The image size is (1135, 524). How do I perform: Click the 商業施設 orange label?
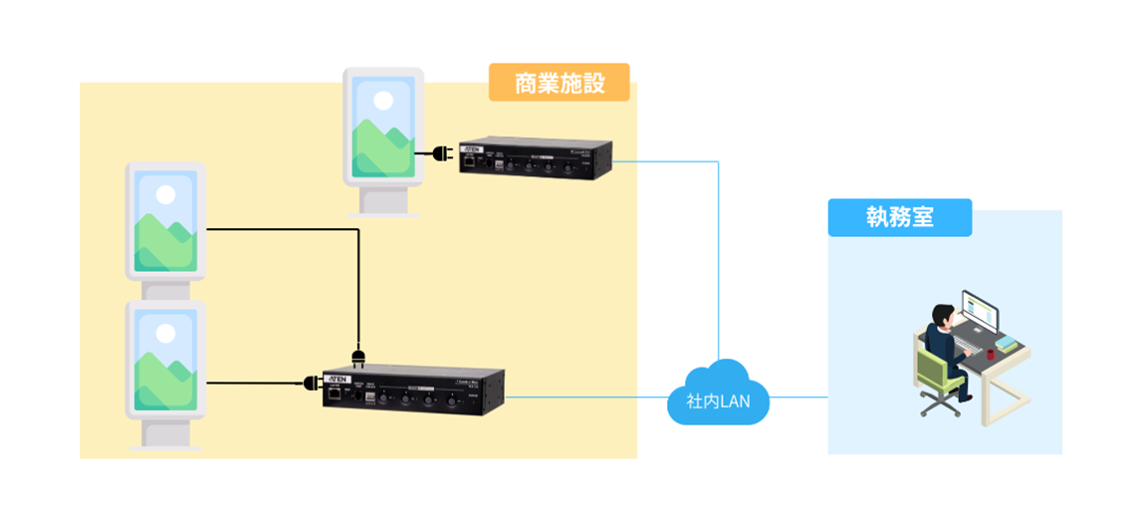pos(559,83)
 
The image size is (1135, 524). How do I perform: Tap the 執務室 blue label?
pos(899,217)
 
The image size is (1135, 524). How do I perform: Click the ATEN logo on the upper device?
pos(471,149)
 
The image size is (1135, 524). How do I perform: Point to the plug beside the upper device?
pos(441,153)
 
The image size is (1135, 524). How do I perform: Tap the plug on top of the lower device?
pos(358,354)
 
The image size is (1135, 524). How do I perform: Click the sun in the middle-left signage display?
pos(164,193)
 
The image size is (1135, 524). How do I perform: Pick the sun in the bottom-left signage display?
pos(164,332)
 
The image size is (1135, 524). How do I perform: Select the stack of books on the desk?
pos(1009,346)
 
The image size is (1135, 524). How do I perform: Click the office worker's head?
pos(941,313)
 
